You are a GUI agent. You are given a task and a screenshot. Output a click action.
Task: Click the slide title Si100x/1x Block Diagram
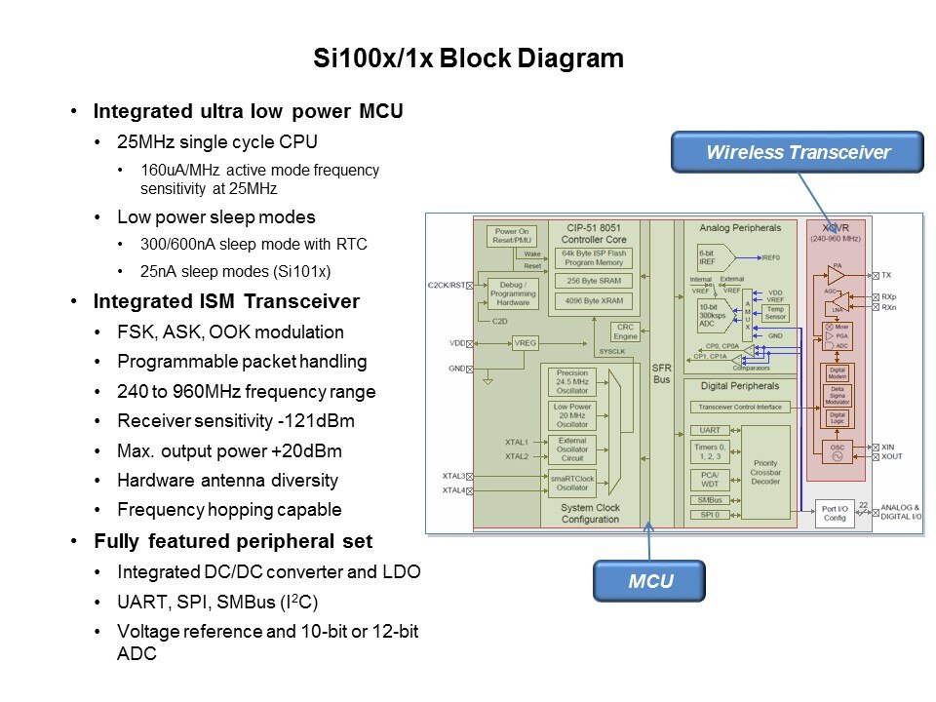tap(468, 58)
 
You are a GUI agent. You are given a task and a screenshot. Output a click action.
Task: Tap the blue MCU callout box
tap(649, 582)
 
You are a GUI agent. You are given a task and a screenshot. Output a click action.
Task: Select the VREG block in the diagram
tap(525, 343)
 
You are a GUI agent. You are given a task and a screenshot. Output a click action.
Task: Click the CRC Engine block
tap(625, 331)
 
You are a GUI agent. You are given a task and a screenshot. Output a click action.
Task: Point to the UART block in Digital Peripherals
tap(710, 430)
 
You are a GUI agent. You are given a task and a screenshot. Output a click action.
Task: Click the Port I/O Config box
tap(835, 513)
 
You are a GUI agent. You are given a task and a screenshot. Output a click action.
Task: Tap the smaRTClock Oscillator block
tap(572, 484)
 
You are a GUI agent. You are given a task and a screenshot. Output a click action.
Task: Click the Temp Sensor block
tap(776, 312)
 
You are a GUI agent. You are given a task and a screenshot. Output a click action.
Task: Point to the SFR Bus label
tap(661, 372)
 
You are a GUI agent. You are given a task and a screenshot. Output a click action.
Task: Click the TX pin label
tap(885, 276)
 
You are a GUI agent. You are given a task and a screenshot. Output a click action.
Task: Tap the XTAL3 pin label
tap(453, 476)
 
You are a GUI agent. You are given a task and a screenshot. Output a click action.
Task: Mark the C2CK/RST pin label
tap(448, 285)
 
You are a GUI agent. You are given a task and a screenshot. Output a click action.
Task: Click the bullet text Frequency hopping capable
tap(229, 509)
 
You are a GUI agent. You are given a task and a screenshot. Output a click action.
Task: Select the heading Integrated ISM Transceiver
tap(226, 302)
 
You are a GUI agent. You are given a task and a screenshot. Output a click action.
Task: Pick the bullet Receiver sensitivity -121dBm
tap(236, 421)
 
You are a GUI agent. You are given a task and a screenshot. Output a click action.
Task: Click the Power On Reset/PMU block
tap(512, 237)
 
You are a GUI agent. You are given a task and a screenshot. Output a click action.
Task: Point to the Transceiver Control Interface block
tap(741, 408)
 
